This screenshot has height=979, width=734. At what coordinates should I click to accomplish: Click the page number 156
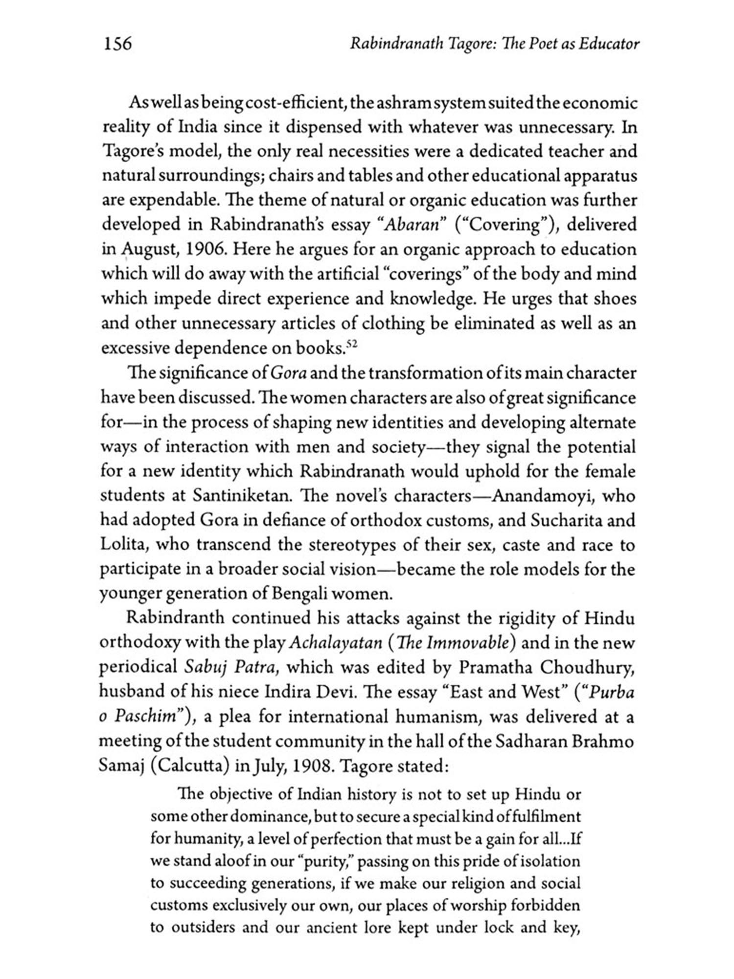(117, 44)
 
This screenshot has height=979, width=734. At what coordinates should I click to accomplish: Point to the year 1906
(206, 249)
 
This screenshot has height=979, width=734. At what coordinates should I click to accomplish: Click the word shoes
(615, 298)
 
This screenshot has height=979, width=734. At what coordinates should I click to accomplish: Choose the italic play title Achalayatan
(335, 642)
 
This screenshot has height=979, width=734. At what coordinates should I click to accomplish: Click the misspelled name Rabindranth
(175, 618)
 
